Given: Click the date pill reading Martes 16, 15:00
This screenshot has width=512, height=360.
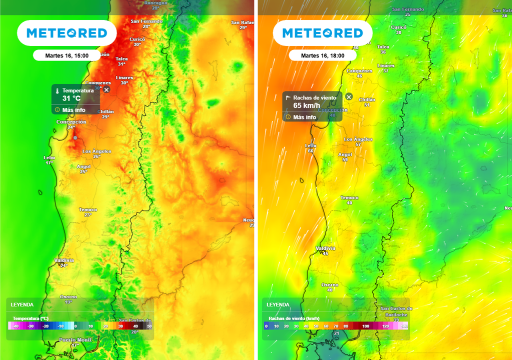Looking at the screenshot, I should pyautogui.click(x=66, y=55).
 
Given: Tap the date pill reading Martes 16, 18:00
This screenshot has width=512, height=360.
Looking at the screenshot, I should pyautogui.click(x=322, y=55).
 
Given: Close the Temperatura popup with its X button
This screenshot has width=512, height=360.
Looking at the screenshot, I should pyautogui.click(x=106, y=89).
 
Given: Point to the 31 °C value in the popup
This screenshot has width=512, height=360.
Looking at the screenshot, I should pyautogui.click(x=71, y=99).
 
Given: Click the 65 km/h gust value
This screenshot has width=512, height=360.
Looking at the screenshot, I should pyautogui.click(x=306, y=105).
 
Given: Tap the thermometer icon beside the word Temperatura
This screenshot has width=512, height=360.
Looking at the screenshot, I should pyautogui.click(x=57, y=91).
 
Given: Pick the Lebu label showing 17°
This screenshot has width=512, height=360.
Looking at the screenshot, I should pyautogui.click(x=49, y=160).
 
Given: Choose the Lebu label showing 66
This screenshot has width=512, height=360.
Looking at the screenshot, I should pyautogui.click(x=310, y=148).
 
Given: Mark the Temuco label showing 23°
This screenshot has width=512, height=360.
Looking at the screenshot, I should pyautogui.click(x=88, y=212).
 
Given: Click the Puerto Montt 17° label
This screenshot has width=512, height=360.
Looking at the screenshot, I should pyautogui.click(x=75, y=342).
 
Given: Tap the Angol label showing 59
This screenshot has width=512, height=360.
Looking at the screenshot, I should pyautogui.click(x=345, y=157).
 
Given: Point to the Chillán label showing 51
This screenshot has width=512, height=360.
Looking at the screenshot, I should pyautogui.click(x=367, y=102).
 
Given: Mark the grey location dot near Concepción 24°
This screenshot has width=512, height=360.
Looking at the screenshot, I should pyautogui.click(x=75, y=137).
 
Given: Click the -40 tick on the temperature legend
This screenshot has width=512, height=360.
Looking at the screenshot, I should pyautogui.click(x=16, y=326).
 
